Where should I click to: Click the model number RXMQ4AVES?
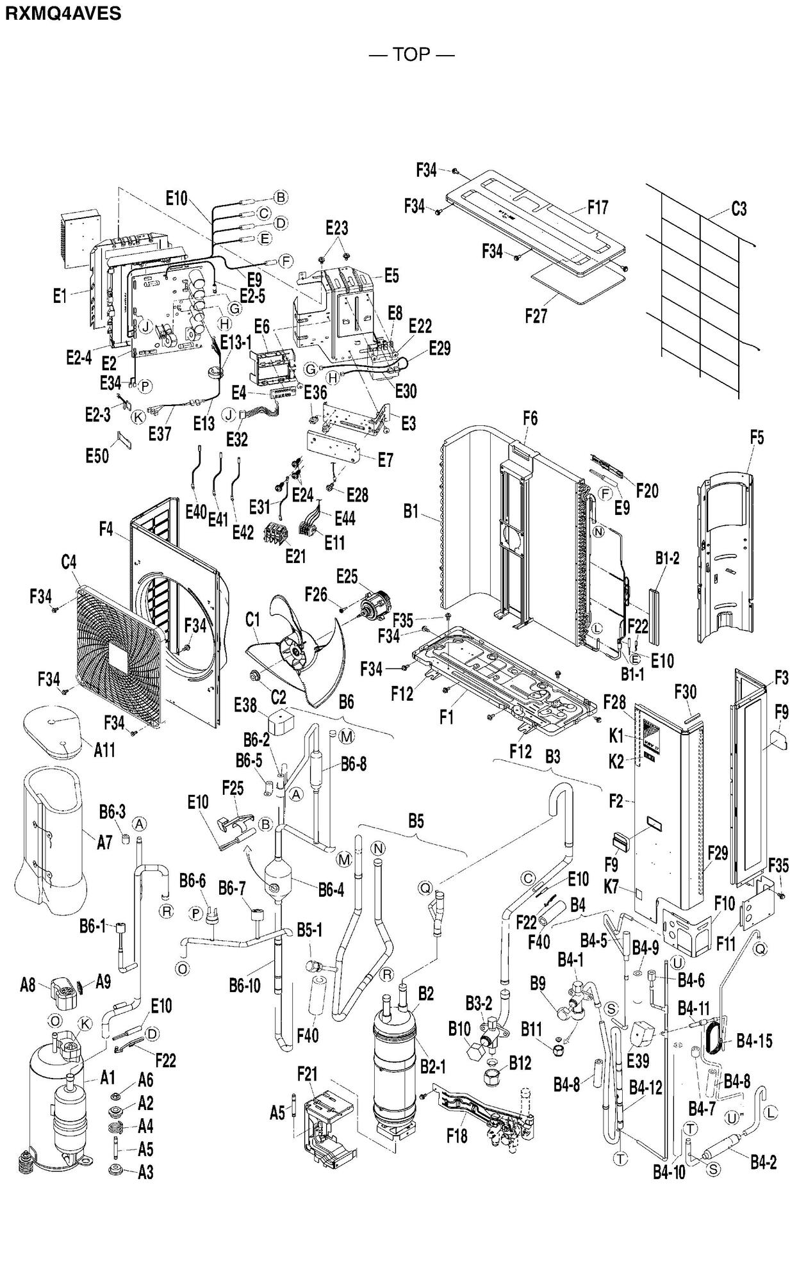point(63,13)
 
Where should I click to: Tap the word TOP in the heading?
point(411,54)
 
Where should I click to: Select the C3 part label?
point(739,209)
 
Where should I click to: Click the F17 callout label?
point(597,207)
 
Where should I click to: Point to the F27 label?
point(536,316)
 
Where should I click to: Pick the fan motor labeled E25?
point(375,604)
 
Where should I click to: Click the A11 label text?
point(104,749)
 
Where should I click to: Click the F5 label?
point(757,438)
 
